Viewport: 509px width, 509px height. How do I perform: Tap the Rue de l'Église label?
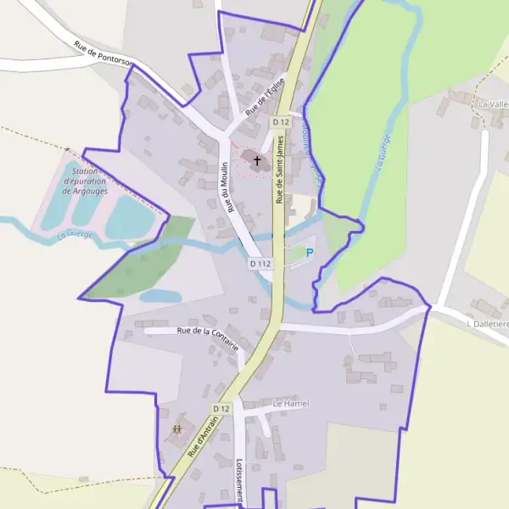[263, 98]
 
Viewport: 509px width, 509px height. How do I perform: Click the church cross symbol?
[257, 159]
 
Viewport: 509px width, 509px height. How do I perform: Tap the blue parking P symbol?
[310, 252]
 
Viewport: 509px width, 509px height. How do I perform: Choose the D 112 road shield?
[260, 264]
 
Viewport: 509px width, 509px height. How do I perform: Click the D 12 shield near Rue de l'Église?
[281, 122]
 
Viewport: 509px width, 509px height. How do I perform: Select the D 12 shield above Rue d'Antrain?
[221, 408]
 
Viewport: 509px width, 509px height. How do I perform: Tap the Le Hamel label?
[291, 403]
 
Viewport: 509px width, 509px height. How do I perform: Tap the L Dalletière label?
[487, 324]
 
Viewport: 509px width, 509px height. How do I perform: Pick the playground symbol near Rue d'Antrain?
[177, 429]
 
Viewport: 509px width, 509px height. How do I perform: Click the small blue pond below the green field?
[160, 296]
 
